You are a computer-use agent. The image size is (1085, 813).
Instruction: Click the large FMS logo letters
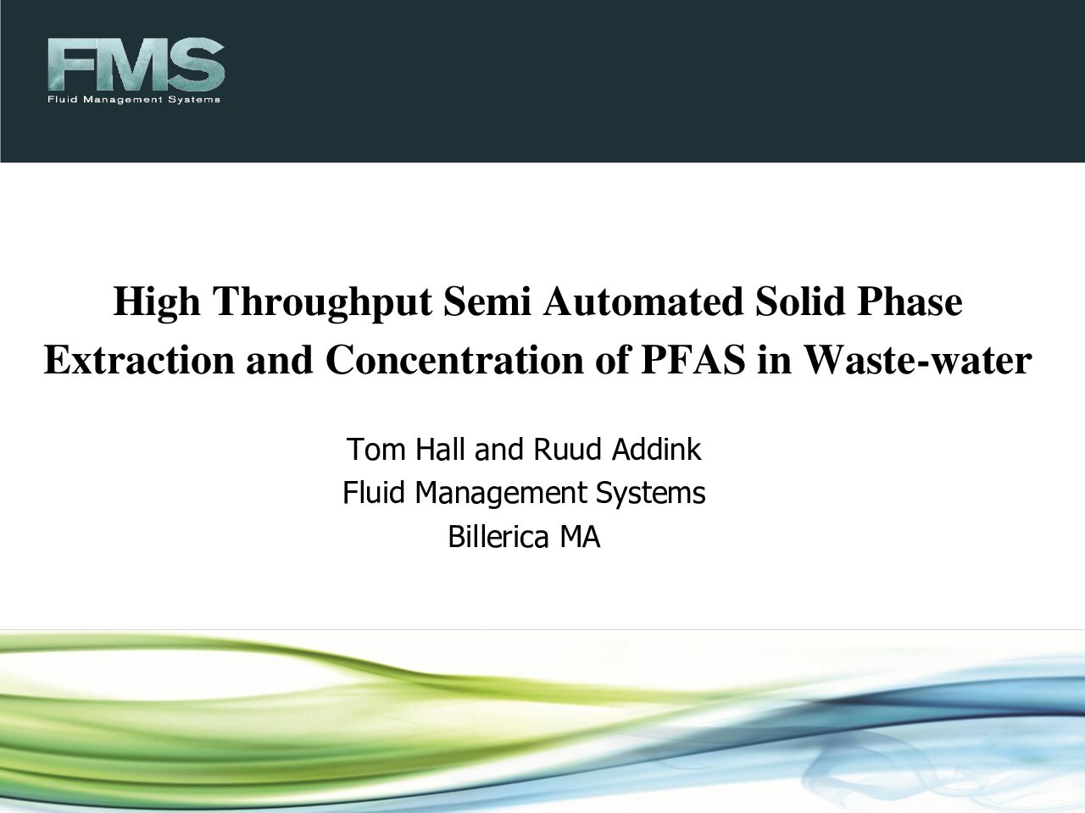[x=136, y=64]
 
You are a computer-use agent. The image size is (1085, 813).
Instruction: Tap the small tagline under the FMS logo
[x=134, y=100]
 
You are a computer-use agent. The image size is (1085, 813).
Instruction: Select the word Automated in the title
[x=643, y=301]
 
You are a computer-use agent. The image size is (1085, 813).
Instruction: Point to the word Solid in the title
[x=800, y=301]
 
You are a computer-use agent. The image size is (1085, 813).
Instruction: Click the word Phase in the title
[x=910, y=301]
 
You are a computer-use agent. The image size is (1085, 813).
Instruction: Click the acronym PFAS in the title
[x=693, y=360]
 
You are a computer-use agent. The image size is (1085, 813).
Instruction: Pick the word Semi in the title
[x=487, y=301]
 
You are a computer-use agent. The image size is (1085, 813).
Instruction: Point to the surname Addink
[x=656, y=449]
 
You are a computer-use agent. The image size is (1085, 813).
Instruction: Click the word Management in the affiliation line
[x=500, y=494]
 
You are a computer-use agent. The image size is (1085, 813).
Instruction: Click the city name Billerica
[x=498, y=537]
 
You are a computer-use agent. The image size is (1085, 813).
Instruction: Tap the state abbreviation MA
[x=580, y=537]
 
